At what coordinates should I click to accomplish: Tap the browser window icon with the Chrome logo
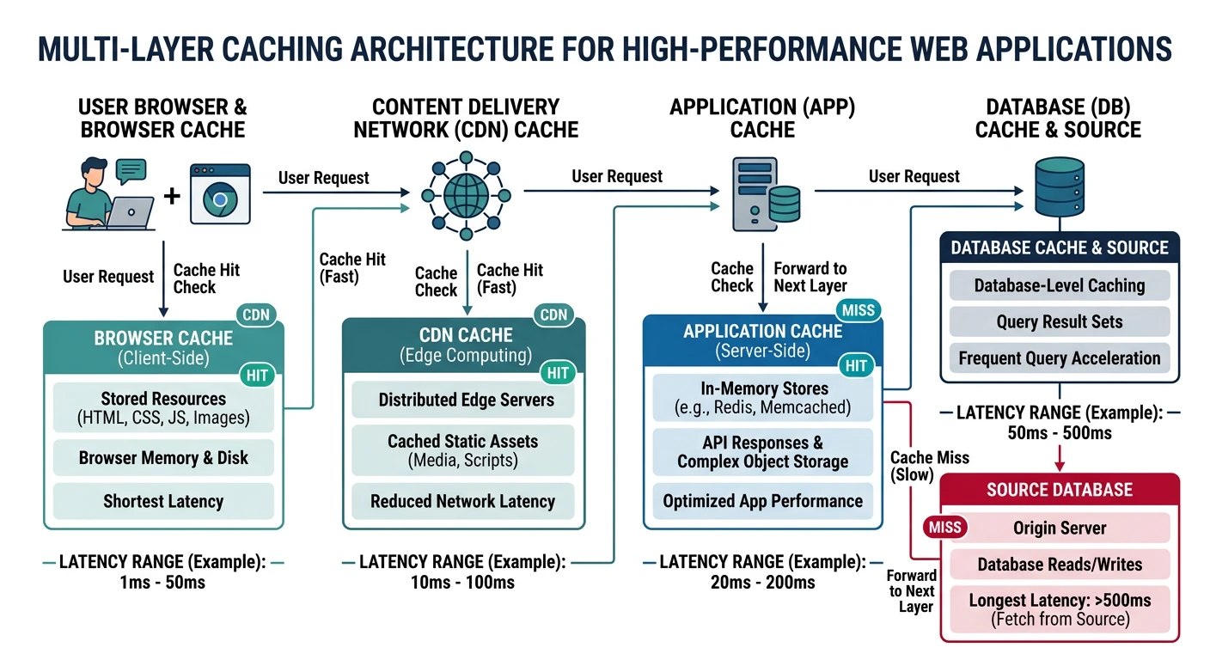point(219,195)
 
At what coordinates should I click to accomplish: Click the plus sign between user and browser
point(172,197)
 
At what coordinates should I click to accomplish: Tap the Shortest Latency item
point(163,501)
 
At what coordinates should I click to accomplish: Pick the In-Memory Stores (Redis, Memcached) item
point(763,398)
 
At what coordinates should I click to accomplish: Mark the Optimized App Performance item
point(763,501)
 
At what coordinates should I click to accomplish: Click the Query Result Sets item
point(1060,322)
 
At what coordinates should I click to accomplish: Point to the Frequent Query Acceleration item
point(1060,358)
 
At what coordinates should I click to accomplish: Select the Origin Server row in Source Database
point(1060,528)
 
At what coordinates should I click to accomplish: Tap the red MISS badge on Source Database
point(944,527)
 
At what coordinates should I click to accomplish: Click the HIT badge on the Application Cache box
point(856,366)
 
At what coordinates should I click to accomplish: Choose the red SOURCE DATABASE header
point(1060,490)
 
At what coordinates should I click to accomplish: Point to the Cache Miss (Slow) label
point(929,467)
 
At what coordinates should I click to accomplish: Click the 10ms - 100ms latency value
point(462,583)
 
